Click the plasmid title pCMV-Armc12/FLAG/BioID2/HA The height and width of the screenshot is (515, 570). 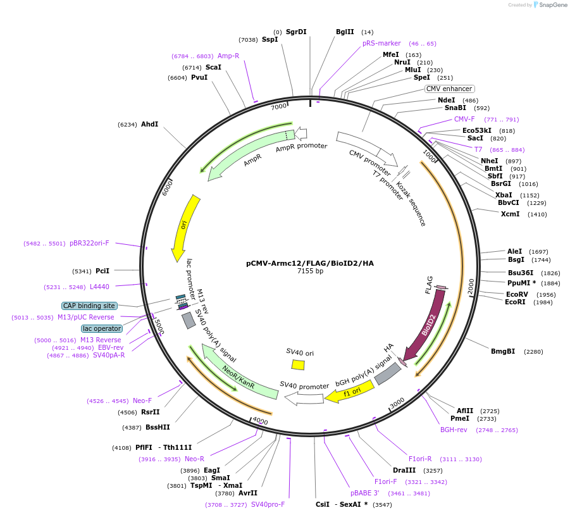pyautogui.click(x=310, y=263)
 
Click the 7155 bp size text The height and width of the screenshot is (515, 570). pyautogui.click(x=310, y=271)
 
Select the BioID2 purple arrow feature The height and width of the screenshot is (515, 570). pyautogui.click(x=425, y=329)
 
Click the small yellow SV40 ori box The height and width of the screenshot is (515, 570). pyautogui.click(x=298, y=364)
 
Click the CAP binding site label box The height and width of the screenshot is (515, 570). pyautogui.click(x=89, y=306)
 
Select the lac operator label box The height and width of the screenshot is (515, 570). pyautogui.click(x=101, y=328)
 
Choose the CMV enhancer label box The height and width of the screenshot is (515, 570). pyautogui.click(x=449, y=89)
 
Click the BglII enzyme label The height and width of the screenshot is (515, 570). pyautogui.click(x=345, y=32)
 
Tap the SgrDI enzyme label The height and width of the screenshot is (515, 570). pyautogui.click(x=296, y=32)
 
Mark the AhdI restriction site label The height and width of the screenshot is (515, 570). pyautogui.click(x=149, y=125)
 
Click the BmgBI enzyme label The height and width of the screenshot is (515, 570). pyautogui.click(x=503, y=351)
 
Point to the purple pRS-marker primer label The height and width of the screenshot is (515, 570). pyautogui.click(x=381, y=44)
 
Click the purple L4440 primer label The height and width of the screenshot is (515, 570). pyautogui.click(x=99, y=287)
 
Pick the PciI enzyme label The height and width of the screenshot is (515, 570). pyautogui.click(x=102, y=271)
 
